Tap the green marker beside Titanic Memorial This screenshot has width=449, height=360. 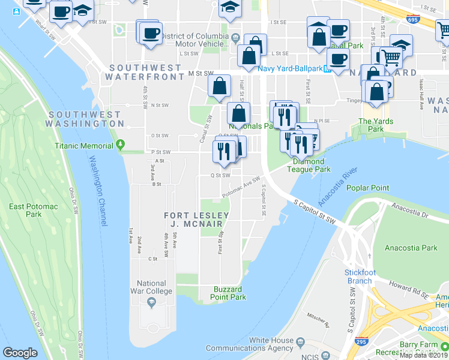121,145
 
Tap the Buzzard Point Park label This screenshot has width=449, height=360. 229,293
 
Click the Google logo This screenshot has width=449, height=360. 20,353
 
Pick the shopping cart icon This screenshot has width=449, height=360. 391,58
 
